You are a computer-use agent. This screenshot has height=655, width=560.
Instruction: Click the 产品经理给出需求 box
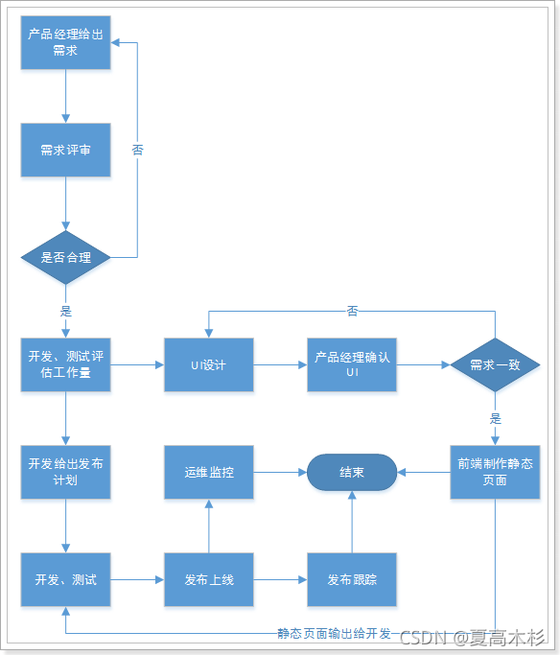coord(65,42)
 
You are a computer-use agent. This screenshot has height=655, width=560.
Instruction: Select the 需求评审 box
coord(65,150)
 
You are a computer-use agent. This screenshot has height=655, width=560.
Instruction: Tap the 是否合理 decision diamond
coord(65,257)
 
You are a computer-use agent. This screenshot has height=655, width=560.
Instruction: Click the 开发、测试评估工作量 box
coord(65,364)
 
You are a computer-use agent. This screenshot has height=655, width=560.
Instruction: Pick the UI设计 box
coord(208,364)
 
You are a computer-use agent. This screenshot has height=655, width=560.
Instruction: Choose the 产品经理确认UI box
coord(351,364)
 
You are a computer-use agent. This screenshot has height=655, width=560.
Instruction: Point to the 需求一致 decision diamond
coord(496,364)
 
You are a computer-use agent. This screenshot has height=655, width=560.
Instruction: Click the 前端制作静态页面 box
coord(496,472)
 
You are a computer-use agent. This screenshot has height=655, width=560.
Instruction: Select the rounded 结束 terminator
coord(351,472)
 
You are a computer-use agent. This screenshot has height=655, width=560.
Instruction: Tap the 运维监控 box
coord(208,472)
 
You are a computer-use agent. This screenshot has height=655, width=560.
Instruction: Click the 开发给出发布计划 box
coord(65,472)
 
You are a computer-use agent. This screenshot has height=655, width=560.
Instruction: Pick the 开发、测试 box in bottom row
coord(65,579)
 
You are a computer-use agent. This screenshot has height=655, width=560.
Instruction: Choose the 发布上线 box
coord(208,579)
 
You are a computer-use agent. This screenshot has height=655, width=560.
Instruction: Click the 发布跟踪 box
coord(351,579)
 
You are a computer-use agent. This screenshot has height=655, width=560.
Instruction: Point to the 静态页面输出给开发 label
coord(334,634)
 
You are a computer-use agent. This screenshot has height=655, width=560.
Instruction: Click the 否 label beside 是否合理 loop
coord(137,151)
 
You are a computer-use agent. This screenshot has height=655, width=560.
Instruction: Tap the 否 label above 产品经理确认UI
coord(352,311)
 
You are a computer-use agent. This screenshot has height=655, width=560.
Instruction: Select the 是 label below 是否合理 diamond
coord(65,311)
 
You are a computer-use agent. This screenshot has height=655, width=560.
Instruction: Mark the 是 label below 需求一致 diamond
coord(496,418)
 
